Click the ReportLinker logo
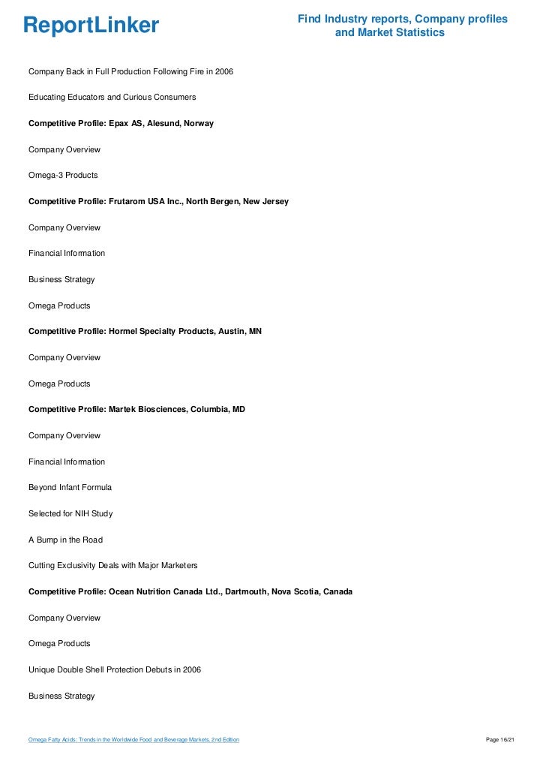pyautogui.click(x=91, y=26)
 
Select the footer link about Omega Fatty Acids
pyautogui.click(x=133, y=740)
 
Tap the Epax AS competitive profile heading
pyautogui.click(x=121, y=123)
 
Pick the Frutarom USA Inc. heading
pyautogui.click(x=158, y=201)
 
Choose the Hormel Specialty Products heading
pyautogui.click(x=145, y=331)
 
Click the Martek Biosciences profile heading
pyautogui.click(x=136, y=409)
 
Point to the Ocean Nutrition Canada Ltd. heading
pyautogui.click(x=190, y=591)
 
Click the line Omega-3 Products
pyautogui.click(x=63, y=175)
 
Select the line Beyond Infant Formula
pyautogui.click(x=70, y=487)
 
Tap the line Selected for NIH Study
pyautogui.click(x=70, y=513)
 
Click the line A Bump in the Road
pyautogui.click(x=65, y=540)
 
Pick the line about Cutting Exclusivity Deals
pyautogui.click(x=113, y=565)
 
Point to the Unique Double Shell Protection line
pyautogui.click(x=114, y=669)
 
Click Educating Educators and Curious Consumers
pyautogui.click(x=112, y=98)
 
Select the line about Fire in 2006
pyautogui.click(x=130, y=71)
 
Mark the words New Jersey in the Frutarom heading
pyautogui.click(x=266, y=201)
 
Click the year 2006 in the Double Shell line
pyautogui.click(x=191, y=669)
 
